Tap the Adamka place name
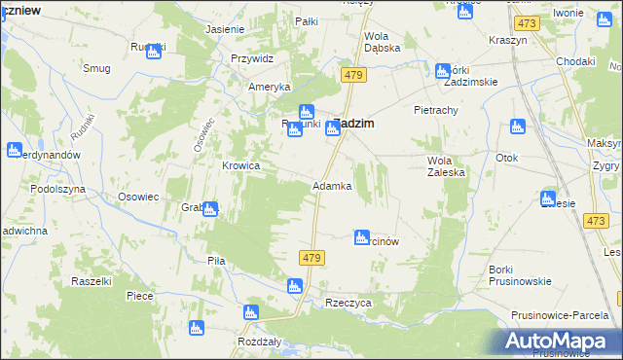tap(331, 186)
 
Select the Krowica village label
tap(240, 165)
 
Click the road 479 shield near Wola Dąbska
tap(352, 74)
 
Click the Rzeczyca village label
tap(348, 303)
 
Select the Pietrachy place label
tap(435, 110)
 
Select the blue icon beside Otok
tap(518, 127)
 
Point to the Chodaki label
tap(575, 60)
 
